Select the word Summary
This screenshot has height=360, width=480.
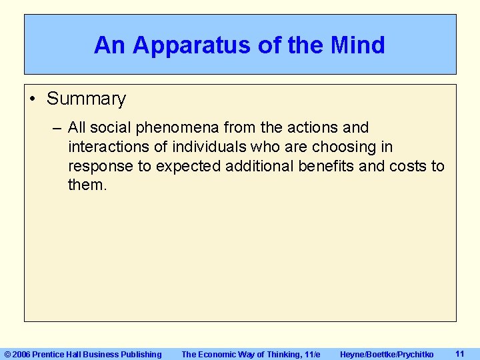point(86,99)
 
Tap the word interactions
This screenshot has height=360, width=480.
point(108,147)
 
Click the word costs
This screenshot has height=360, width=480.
point(407,166)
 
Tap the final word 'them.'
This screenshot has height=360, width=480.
point(87,185)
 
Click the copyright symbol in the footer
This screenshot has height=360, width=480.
point(8,355)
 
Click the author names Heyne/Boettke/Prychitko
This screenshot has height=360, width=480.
point(387,355)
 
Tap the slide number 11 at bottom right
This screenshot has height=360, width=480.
point(459,354)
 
